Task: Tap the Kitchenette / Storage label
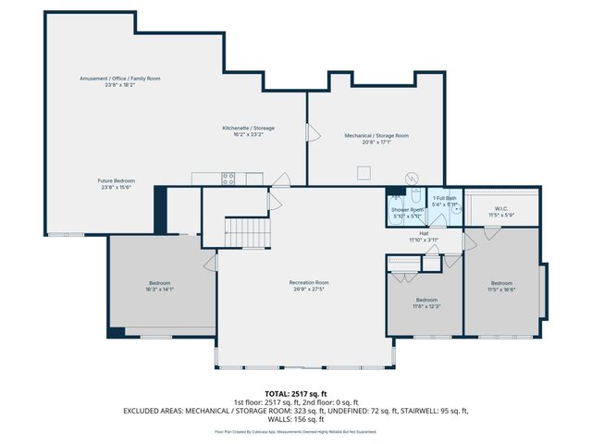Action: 248,128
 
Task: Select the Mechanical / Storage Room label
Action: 376,135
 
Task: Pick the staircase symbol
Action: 247,230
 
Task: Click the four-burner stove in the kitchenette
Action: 228,178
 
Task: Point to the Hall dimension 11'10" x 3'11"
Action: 424,240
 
